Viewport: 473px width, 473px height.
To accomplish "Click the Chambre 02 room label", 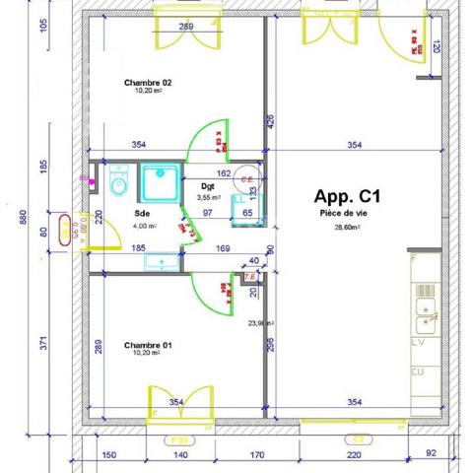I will click(148, 83).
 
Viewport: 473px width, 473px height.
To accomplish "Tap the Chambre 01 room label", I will click(148, 345).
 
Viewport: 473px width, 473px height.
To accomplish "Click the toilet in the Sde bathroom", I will click(119, 182).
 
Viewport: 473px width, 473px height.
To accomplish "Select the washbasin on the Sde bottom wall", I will click(158, 262).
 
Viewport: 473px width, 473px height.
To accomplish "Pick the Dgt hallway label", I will click(209, 185).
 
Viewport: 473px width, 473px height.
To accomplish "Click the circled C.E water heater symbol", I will click(249, 178).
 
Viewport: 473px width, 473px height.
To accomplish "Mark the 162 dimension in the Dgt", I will click(223, 173).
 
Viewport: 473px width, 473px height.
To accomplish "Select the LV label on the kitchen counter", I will click(418, 343).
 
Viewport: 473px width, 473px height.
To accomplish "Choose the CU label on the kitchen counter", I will click(418, 372).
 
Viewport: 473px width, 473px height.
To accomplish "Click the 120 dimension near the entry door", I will click(436, 45).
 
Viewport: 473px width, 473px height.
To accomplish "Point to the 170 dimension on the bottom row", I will click(255, 455).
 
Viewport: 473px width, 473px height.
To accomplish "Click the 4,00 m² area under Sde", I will click(144, 226).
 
